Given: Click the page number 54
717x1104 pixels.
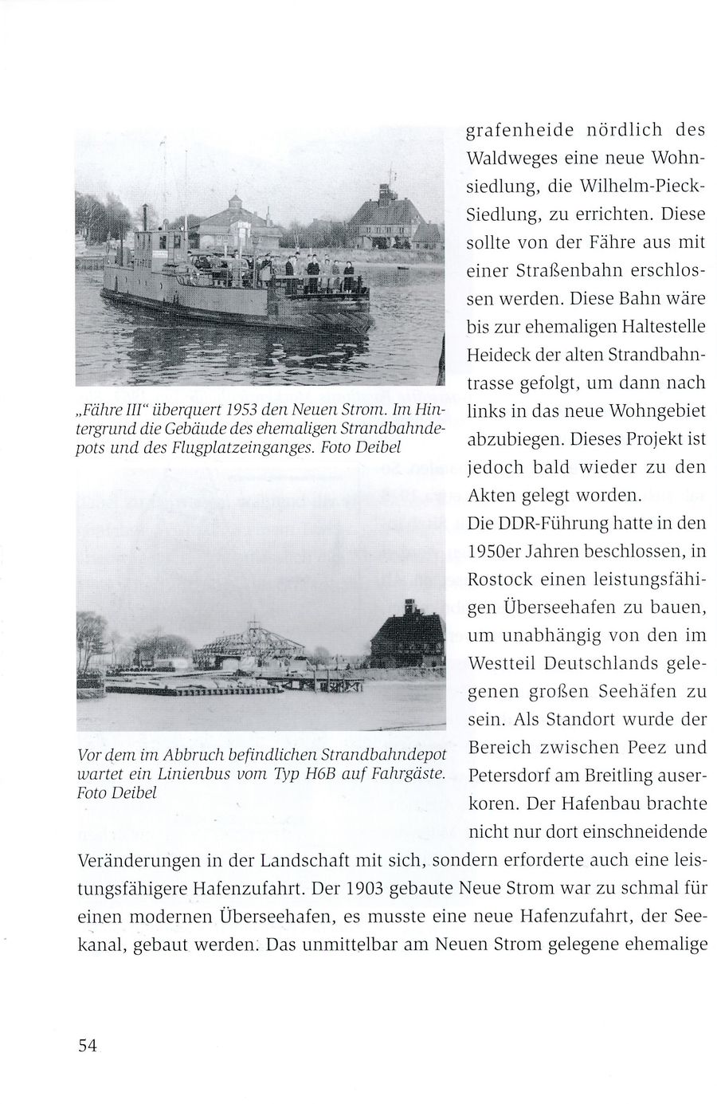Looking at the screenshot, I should [x=87, y=1046].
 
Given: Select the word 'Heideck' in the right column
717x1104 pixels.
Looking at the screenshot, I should [x=494, y=356].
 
